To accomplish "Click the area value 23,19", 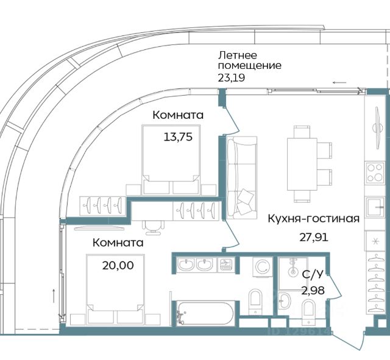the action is click(232, 78).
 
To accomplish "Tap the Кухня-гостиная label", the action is click(314, 219).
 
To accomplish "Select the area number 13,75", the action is click(178, 136).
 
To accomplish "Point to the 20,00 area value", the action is click(118, 265).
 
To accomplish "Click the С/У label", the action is click(313, 274).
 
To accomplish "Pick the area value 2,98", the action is click(313, 290).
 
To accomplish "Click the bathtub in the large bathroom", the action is click(205, 313).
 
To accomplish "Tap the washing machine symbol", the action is click(263, 267).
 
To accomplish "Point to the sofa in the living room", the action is click(242, 177).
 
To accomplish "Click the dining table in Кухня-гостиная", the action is click(302, 164).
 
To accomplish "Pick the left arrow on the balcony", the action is click(339, 83).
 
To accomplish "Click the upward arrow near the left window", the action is click(54, 295).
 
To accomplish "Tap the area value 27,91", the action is click(314, 238).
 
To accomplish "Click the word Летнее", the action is click(237, 55).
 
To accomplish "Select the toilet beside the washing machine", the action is click(255, 302).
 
